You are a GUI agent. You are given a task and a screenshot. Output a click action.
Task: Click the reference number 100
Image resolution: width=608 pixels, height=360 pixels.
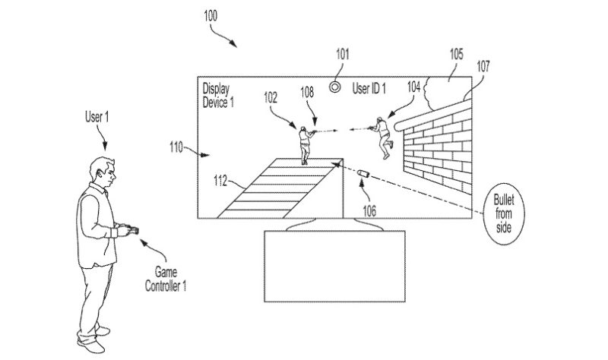(211, 15)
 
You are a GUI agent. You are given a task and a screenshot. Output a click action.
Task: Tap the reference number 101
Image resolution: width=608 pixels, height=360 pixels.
(343, 54)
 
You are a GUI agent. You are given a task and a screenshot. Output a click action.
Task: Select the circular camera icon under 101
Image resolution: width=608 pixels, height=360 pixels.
(335, 87)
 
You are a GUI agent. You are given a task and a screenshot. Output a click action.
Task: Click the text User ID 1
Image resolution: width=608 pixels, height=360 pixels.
(369, 88)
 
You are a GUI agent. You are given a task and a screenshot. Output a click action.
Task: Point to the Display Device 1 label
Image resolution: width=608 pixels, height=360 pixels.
(218, 96)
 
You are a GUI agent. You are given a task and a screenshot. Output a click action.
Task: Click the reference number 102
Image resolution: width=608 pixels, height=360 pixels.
(271, 97)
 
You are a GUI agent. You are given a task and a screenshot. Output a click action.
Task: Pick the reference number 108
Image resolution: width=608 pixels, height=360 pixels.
(307, 92)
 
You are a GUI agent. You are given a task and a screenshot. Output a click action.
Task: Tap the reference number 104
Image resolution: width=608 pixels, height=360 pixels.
(413, 87)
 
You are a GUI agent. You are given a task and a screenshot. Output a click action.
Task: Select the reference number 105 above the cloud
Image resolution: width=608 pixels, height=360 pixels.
(457, 54)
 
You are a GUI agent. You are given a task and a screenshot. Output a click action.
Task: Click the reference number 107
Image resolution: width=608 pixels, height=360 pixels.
(483, 67)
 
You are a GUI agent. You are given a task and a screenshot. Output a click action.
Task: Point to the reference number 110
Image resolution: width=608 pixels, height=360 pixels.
(176, 147)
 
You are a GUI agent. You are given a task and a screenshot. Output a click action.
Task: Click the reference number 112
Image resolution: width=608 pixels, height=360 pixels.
(220, 181)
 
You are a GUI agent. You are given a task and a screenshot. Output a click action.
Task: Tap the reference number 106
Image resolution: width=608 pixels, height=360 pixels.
(369, 211)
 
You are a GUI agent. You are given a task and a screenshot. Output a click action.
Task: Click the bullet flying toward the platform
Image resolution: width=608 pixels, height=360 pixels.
(363, 174)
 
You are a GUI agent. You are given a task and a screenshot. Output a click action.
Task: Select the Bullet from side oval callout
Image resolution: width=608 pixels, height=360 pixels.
(504, 213)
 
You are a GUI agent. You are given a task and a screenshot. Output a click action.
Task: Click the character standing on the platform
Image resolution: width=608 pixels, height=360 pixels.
(306, 145)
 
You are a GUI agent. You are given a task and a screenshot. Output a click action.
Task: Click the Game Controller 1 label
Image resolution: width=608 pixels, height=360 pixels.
(166, 279)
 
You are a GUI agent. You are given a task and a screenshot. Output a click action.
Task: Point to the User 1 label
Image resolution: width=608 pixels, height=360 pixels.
(97, 117)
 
